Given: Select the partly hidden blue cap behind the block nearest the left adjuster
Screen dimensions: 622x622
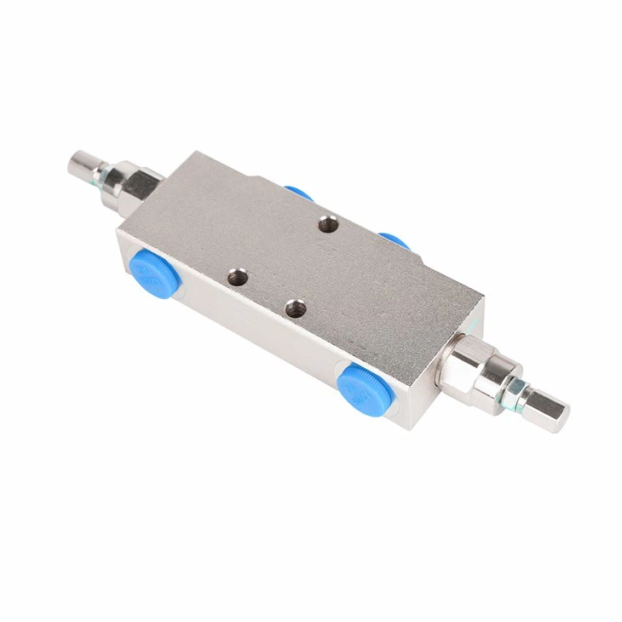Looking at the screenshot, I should (x=298, y=193).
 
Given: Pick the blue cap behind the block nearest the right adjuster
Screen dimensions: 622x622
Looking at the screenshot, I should (x=394, y=239).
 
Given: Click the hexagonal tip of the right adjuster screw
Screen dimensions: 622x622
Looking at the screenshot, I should (x=548, y=412).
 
